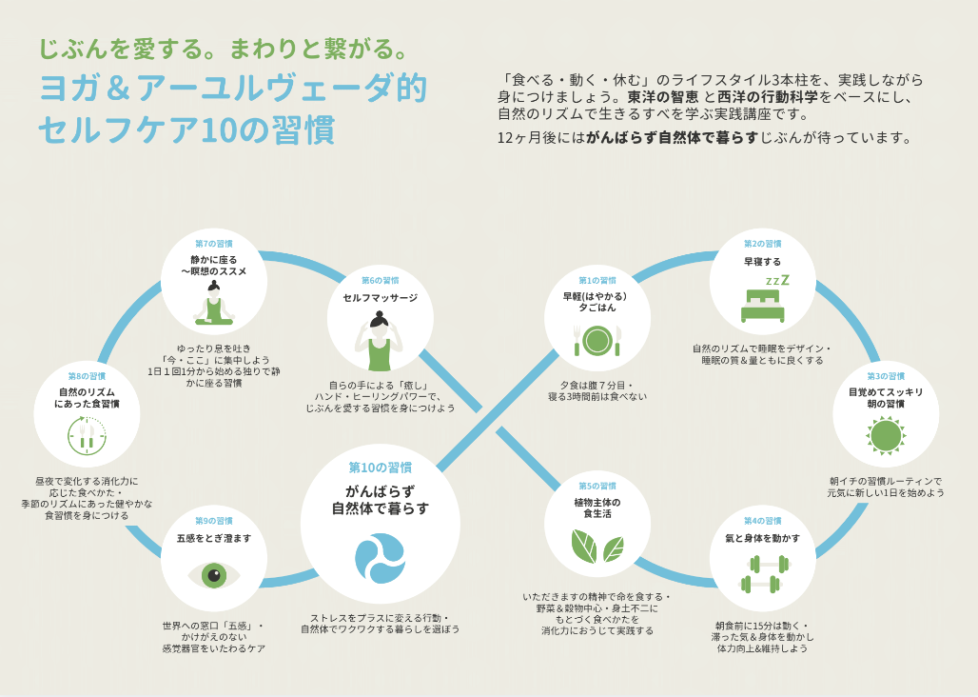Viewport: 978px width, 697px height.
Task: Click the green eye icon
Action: (x=214, y=575)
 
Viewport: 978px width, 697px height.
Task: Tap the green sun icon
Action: (x=885, y=435)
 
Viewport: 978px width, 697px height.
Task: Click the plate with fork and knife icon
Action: (x=597, y=338)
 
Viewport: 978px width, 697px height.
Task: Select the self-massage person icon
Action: (x=380, y=341)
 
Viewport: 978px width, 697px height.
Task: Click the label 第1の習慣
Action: (x=597, y=280)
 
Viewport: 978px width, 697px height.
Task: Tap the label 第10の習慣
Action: (x=380, y=468)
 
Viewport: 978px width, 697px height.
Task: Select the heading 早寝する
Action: (x=762, y=261)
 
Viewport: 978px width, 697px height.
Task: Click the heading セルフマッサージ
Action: (x=380, y=297)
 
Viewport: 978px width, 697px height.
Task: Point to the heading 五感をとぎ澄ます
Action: (x=214, y=538)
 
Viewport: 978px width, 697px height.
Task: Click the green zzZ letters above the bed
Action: (x=778, y=280)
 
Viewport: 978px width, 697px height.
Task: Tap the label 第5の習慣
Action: (x=597, y=486)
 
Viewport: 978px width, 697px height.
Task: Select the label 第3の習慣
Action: (x=885, y=376)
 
